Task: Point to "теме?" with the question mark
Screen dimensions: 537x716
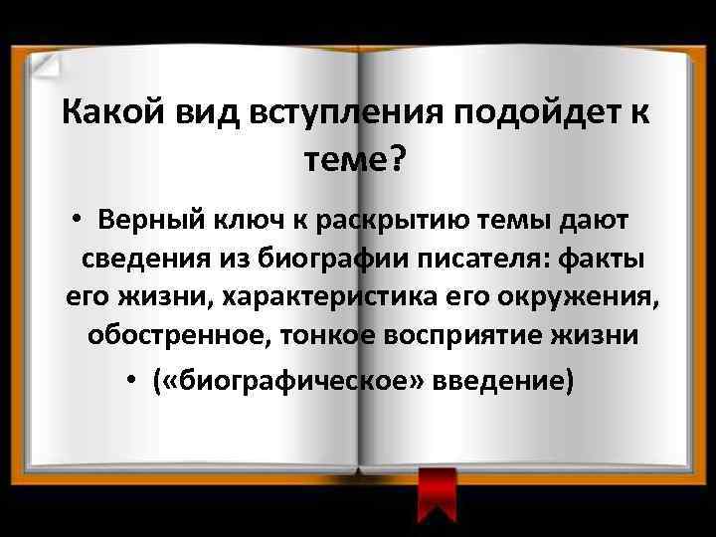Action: [x=358, y=159]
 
